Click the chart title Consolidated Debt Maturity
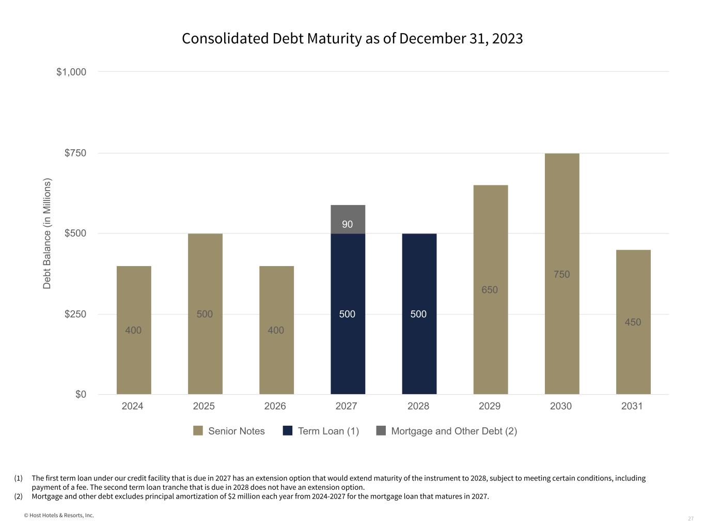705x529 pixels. click(x=352, y=39)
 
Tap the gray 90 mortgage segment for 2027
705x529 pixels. click(x=348, y=219)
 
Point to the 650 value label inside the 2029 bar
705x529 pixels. click(x=490, y=290)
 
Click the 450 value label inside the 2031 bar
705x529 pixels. click(x=633, y=322)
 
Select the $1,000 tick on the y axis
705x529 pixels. click(x=71, y=72)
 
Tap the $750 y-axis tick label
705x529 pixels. click(x=75, y=153)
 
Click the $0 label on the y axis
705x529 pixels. click(x=81, y=395)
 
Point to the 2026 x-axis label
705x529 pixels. click(x=275, y=406)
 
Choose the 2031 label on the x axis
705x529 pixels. click(x=632, y=406)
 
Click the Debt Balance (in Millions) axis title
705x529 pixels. click(x=47, y=234)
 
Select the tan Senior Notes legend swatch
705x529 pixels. click(x=198, y=431)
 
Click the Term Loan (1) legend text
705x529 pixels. click(x=328, y=431)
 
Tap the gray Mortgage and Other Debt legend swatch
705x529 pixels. click(x=381, y=431)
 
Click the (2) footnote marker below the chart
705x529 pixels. click(x=19, y=496)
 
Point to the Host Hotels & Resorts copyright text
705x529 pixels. click(x=59, y=515)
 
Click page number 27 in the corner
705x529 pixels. click(x=691, y=519)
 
